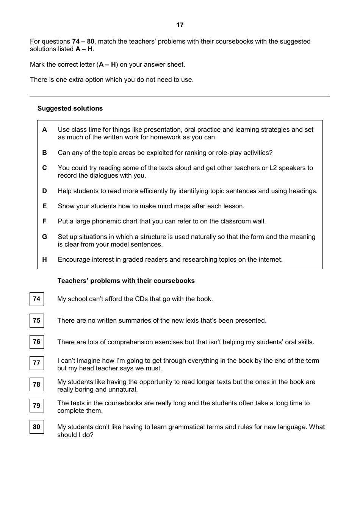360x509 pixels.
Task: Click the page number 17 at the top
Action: coord(180,25)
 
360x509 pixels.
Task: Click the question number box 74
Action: coord(37,299)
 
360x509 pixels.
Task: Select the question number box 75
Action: coord(37,320)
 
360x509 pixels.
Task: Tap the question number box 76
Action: coord(37,342)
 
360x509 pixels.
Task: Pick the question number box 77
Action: coord(37,363)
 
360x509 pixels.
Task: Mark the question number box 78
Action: coord(37,384)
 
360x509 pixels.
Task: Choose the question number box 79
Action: coord(37,406)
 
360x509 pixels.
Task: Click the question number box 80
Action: coord(37,427)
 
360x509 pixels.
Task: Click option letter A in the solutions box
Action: coord(45,130)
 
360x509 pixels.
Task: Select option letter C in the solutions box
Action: coord(45,168)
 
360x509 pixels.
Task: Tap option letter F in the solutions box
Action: coord(45,221)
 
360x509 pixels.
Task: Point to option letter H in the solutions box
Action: coord(45,259)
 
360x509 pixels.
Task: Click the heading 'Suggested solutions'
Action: coord(70,108)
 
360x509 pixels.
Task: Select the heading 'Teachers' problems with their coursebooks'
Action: coord(126,281)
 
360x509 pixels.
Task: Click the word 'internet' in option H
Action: coord(269,259)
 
